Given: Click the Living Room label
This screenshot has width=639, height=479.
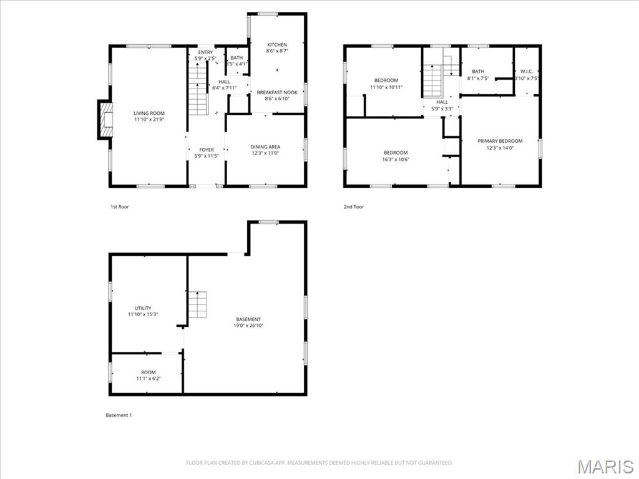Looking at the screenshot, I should (x=149, y=114).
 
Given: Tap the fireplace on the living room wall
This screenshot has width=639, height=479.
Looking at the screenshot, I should (x=104, y=119).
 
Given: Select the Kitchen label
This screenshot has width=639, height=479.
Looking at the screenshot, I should (x=277, y=45).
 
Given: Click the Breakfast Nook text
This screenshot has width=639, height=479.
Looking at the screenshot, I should (x=277, y=92).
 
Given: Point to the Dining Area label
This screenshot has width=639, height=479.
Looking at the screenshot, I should (x=265, y=147).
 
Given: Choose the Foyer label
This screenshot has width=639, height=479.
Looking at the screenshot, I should (x=207, y=150).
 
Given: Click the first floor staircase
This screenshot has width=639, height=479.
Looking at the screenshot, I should (x=198, y=91).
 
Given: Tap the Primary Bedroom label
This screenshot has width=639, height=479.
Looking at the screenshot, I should (x=500, y=141).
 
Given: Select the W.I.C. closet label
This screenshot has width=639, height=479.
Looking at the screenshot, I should (x=526, y=72).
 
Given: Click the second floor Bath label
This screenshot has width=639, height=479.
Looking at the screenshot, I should (x=478, y=72).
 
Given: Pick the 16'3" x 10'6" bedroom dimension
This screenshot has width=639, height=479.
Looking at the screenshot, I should (x=396, y=160).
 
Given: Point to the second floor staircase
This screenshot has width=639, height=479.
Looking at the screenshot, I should (x=432, y=81).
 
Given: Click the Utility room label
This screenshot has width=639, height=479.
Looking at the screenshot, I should (x=143, y=308).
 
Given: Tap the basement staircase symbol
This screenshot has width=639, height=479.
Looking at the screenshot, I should (x=198, y=305).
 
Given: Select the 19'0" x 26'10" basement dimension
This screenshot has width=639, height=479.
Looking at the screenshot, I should (x=248, y=326).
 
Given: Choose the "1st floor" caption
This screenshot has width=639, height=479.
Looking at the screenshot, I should (x=119, y=206).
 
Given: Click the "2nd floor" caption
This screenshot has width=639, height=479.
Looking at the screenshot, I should (x=353, y=206).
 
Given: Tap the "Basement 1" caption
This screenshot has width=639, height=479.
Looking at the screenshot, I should (x=119, y=415).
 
